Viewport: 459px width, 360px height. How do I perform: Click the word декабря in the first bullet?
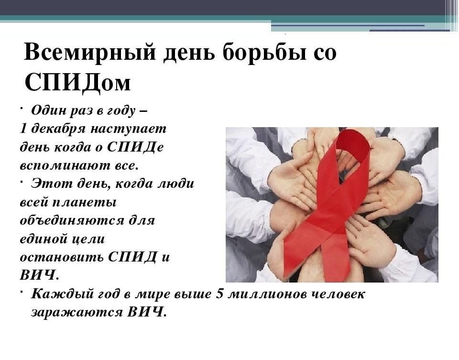coord(58,129)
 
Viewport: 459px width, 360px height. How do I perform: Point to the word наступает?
coord(128,129)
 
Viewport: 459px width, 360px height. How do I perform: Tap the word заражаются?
coord(77,312)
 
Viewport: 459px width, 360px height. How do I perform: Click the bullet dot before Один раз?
coord(22,109)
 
